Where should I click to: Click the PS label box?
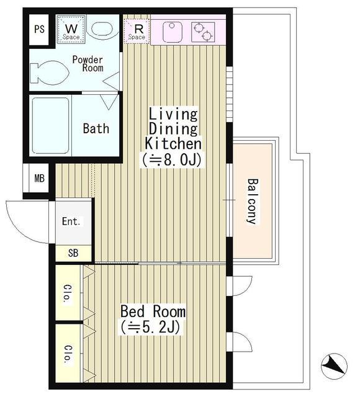pyautogui.click(x=39, y=29)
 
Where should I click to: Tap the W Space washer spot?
pyautogui.click(x=71, y=30)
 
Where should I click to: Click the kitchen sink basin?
pyautogui.click(x=173, y=32)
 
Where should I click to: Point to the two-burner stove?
pyautogui.click(x=203, y=32)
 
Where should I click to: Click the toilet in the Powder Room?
pyautogui.click(x=49, y=73)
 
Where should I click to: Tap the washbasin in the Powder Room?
pyautogui.click(x=103, y=29)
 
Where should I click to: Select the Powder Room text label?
pyautogui.click(x=88, y=63)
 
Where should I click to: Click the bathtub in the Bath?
pyautogui.click(x=51, y=126)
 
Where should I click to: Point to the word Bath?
pyautogui.click(x=96, y=128)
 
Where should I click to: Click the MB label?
pyautogui.click(x=39, y=179)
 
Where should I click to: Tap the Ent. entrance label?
pyautogui.click(x=72, y=221)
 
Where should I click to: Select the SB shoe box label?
pyautogui.click(x=73, y=253)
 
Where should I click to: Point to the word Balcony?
pyautogui.click(x=253, y=201)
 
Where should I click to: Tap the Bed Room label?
pyautogui.click(x=153, y=311)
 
